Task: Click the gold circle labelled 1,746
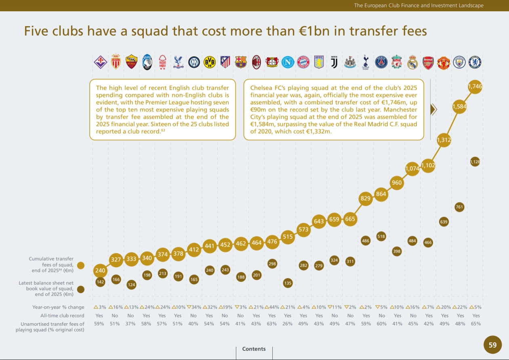pos(475,86)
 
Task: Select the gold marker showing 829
pos(366,198)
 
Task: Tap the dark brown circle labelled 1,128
pos(475,162)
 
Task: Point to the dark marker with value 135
pos(288,283)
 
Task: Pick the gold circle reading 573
pos(303,230)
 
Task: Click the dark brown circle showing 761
pos(459,207)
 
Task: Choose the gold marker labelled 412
pos(194,249)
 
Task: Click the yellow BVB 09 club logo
pos(209,62)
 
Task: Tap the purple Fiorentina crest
pos(100,62)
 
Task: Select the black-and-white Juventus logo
pos(334,62)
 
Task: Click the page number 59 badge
pos(492,345)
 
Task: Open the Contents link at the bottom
pos(254,349)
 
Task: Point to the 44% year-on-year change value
pos(272,307)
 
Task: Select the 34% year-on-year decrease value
pos(194,307)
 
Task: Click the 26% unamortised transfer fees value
pos(288,324)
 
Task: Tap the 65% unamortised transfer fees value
pos(476,324)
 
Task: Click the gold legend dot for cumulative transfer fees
pos(81,265)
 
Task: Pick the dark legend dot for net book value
pos(81,289)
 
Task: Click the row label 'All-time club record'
pos(62,316)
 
